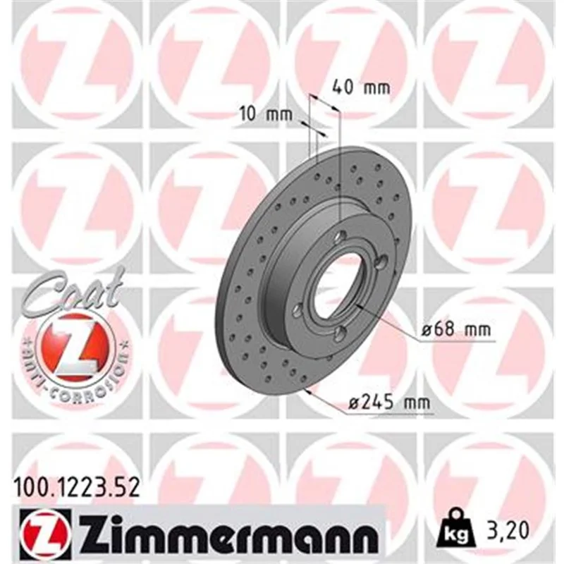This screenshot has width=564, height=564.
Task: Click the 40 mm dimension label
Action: click(x=360, y=87)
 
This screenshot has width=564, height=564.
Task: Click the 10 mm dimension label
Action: click(x=266, y=115)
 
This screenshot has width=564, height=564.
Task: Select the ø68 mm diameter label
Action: click(x=455, y=329)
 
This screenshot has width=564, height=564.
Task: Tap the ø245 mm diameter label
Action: click(x=389, y=403)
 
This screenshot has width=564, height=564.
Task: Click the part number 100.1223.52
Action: click(x=76, y=488)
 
